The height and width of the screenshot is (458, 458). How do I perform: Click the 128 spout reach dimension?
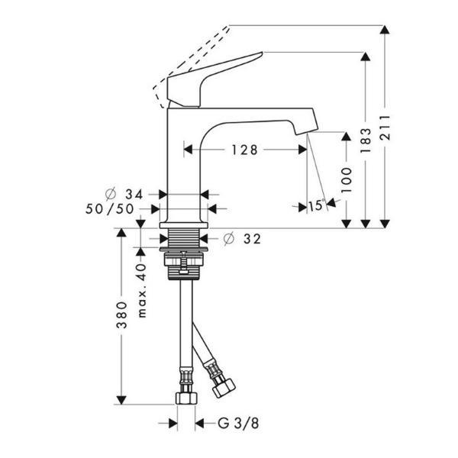tap(245, 150)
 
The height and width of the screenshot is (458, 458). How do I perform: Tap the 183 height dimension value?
tap(366, 140)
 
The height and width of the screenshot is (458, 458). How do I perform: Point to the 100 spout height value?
tap(347, 179)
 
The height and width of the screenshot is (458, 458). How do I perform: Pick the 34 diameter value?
tap(134, 194)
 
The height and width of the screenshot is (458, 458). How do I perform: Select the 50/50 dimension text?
tap(109, 208)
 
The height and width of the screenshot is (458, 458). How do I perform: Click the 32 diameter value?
tap(252, 239)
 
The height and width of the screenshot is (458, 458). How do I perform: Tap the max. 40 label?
tap(142, 291)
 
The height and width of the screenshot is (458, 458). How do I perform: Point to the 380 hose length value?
tap(121, 314)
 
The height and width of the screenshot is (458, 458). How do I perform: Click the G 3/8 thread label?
tap(238, 423)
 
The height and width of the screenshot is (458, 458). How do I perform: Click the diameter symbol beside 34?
tap(111, 193)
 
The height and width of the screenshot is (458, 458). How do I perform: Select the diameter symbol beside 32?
tap(229, 238)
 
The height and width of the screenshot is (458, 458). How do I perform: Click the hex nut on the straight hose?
tap(187, 398)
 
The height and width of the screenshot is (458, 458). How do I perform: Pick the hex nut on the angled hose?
tap(224, 387)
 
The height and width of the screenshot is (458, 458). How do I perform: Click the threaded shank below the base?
tap(184, 237)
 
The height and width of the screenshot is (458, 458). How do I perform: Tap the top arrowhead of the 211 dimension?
tap(385, 30)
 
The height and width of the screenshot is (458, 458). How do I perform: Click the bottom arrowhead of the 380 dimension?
tap(121, 400)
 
